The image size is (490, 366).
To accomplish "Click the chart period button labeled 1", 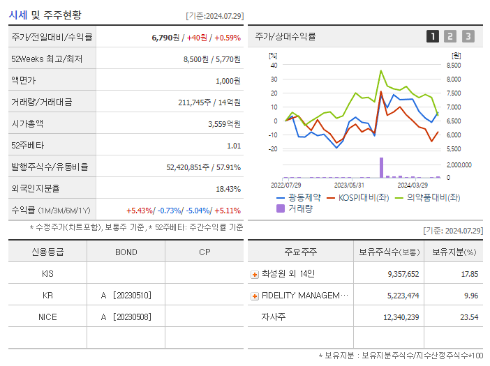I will pos(433,36).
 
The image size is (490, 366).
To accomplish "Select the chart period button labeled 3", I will pos(468,36).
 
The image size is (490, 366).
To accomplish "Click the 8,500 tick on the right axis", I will pos(452,66).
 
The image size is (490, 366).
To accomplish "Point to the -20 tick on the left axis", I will pos(273,149).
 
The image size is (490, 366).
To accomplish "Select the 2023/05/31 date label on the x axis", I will pos(349,185).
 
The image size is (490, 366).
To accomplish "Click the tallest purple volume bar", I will pos(381,167).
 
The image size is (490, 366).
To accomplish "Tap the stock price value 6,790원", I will pos(166,37).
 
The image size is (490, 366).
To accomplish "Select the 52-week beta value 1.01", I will pos(234,145).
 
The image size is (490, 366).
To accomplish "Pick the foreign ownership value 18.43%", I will pos(228,188).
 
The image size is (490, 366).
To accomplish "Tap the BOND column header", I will pos(126,252).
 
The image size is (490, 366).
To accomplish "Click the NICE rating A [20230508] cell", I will pos(126,317).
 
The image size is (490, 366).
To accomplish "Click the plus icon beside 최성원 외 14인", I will pos(255,274).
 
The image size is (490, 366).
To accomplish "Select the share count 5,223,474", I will pos(399,296).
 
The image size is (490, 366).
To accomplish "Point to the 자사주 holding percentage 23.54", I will pos(469,317).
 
